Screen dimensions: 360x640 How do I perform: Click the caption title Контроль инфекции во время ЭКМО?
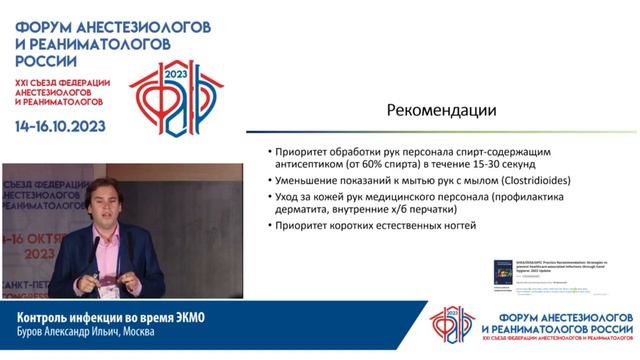pos(104,317)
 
